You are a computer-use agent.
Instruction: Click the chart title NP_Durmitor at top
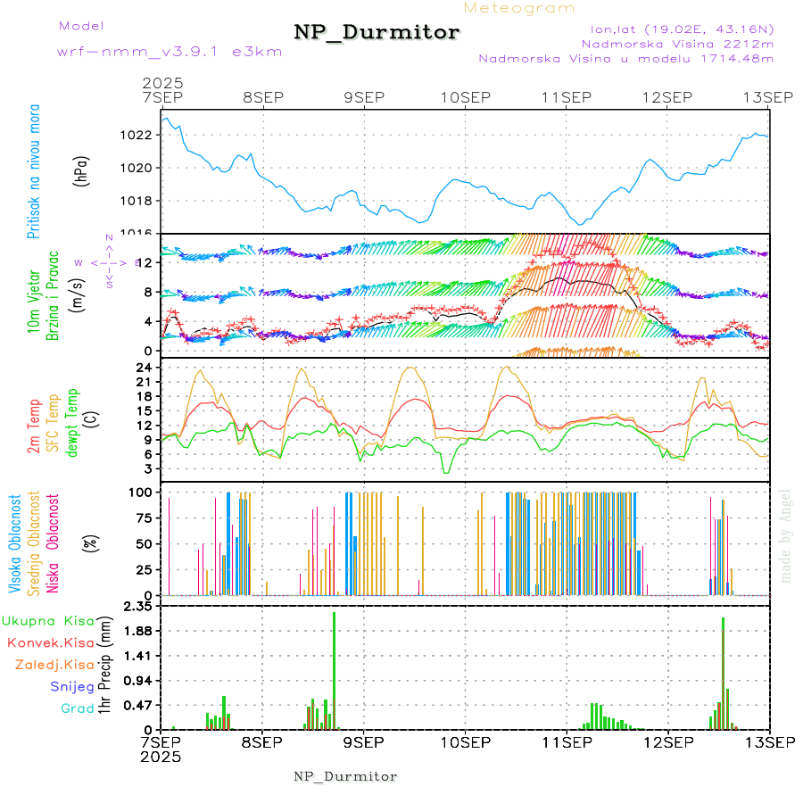point(377,33)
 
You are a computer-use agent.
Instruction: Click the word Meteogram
point(519,8)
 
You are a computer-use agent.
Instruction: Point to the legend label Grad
point(77,708)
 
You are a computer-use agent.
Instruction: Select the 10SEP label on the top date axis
point(466,97)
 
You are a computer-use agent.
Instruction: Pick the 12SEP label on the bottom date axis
point(668,741)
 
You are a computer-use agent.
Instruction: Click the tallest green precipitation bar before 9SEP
point(335,669)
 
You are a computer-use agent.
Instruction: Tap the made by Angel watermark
point(785,535)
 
